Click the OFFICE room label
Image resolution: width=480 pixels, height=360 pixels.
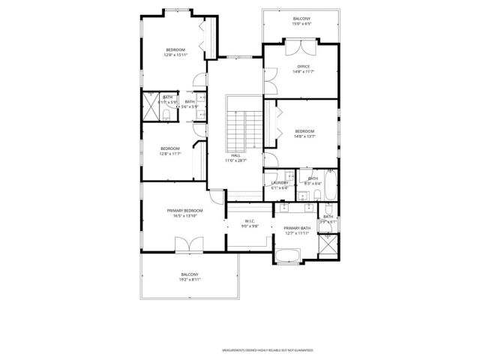[x=303, y=66]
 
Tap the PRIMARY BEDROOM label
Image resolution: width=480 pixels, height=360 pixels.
[x=184, y=211]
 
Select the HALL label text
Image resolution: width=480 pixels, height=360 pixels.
[x=235, y=155]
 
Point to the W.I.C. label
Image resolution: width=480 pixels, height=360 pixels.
[x=250, y=220]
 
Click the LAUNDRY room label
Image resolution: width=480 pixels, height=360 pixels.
[x=280, y=183]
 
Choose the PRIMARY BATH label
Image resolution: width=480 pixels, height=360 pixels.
[x=296, y=228]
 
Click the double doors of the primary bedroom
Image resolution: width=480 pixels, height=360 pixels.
[x=185, y=244]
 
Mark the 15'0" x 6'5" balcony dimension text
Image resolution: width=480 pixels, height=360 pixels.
[x=302, y=24]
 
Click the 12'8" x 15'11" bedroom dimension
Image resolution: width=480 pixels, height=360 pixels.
[x=175, y=55]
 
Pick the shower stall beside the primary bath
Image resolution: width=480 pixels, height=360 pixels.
[x=328, y=245]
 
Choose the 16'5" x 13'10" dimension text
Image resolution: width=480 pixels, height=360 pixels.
[x=184, y=216]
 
